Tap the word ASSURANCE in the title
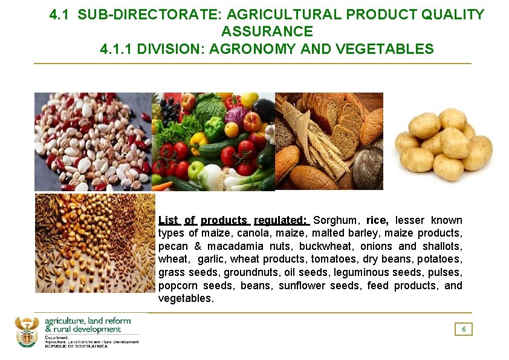pyautogui.click(x=267, y=31)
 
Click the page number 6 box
pyautogui.click(x=464, y=329)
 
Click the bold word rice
pyautogui.click(x=377, y=220)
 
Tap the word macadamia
pyautogui.click(x=235, y=246)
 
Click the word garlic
pyautogui.click(x=210, y=260)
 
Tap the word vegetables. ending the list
pyautogui.click(x=186, y=299)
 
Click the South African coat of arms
pyautogui.click(x=27, y=331)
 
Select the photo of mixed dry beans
pyautogui.click(x=92, y=142)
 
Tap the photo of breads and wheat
pyautogui.click(x=329, y=142)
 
